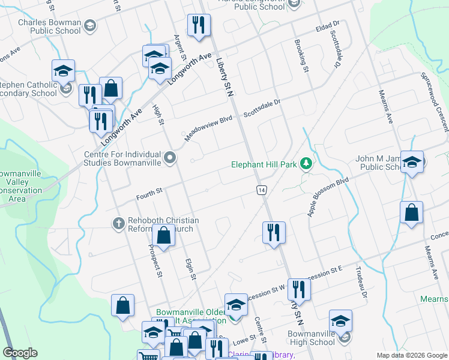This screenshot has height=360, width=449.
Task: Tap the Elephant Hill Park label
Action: point(264,164)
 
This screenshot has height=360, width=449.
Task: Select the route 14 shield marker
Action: point(262,190)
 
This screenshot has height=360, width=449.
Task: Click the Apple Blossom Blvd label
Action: point(328,196)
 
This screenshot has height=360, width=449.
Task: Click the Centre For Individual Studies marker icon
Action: point(170,158)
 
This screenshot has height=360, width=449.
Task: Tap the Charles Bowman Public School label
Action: point(49,26)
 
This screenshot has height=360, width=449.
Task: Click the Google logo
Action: point(20,353)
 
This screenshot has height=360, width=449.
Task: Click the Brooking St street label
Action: point(301,57)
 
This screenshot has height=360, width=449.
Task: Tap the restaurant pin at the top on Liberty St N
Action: point(198,26)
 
